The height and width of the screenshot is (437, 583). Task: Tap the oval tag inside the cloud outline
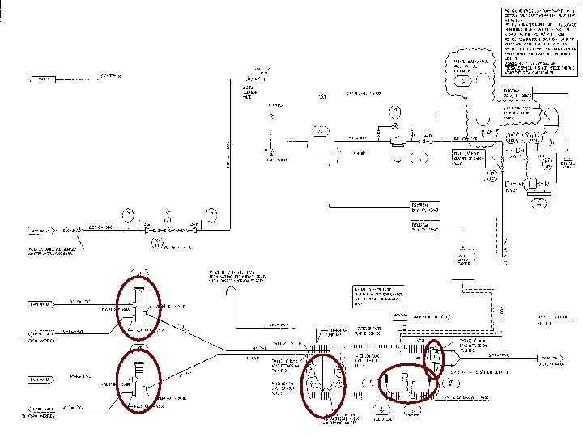[x=463, y=82]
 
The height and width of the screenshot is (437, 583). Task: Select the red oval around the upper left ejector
[x=138, y=307]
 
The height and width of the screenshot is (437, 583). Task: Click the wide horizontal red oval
[x=409, y=383]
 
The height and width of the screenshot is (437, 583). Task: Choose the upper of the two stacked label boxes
[x=427, y=206]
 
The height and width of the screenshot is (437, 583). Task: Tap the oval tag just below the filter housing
[x=419, y=156]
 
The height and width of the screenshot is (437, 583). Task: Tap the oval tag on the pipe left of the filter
[x=321, y=130]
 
